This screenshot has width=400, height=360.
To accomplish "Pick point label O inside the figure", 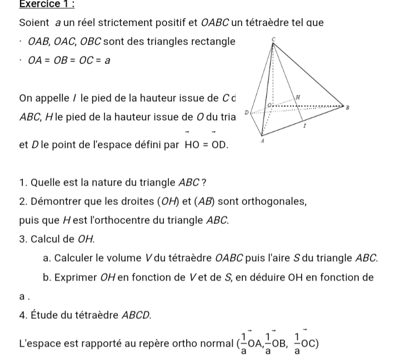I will click(x=268, y=104).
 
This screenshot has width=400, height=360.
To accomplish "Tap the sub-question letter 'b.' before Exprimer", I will click(x=47, y=277).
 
